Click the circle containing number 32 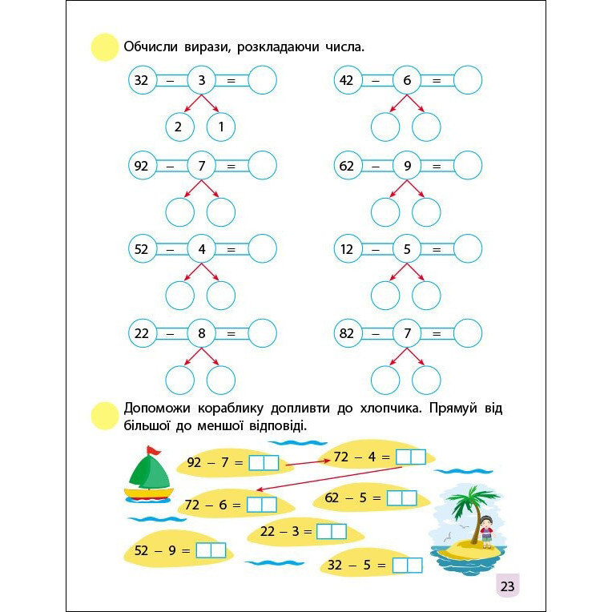coord(142,80)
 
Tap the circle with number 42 coord(347,80)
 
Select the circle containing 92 coord(142,166)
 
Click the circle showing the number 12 coord(347,249)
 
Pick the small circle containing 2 coord(179,127)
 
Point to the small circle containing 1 coord(220,127)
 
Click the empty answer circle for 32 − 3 coord(262,80)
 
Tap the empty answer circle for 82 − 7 coord(468,333)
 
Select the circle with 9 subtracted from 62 coord(407,166)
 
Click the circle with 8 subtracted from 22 coord(202,333)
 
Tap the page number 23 coord(507,586)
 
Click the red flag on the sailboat coord(152,450)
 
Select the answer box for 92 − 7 coord(264,462)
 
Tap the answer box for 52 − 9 coord(211,550)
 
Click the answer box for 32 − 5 coord(407,566)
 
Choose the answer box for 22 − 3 coord(331,531)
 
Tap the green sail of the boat coord(147,473)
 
